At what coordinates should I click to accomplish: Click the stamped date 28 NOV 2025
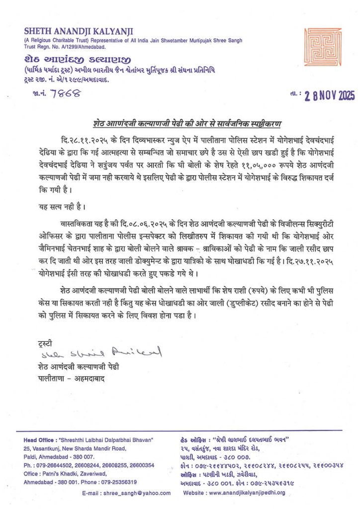tap(326, 96)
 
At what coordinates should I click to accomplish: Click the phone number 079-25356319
tap(114, 482)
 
